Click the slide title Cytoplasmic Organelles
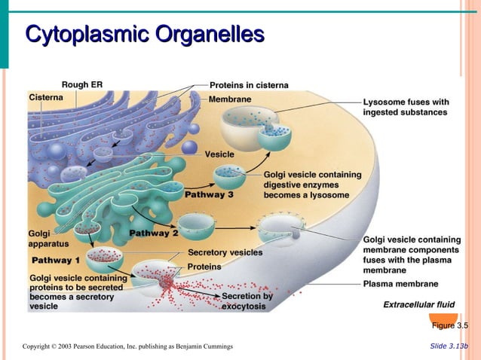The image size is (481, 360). tap(145, 35)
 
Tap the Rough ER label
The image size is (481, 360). tap(81, 84)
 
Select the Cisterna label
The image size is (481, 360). tap(45, 97)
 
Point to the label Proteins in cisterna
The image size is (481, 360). tap(249, 85)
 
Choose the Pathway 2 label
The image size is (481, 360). tap(154, 233)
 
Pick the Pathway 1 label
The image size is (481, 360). tap(56, 260)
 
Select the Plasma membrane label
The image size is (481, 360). tap(400, 284)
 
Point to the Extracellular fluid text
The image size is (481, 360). tap(419, 304)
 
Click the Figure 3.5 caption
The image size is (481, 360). tap(450, 325)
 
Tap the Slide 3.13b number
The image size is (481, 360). tap(449, 346)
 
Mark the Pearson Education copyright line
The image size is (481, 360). tap(127, 346)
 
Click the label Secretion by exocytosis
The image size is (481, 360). tap(247, 301)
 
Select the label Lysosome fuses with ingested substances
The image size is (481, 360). tap(406, 107)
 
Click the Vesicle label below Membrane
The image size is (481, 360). tap(219, 154)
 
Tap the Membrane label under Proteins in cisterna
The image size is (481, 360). tap(231, 99)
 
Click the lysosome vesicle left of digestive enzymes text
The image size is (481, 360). tap(228, 177)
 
